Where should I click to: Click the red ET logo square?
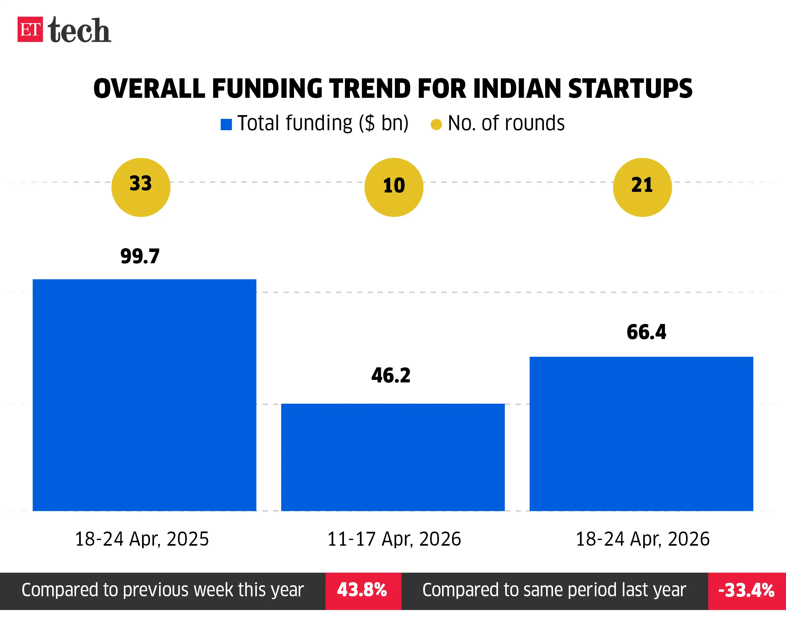coord(30,29)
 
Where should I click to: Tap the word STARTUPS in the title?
coord(630,89)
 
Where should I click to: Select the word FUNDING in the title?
coord(267,89)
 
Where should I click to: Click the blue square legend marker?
coord(226,125)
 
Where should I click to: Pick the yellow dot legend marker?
coord(436,125)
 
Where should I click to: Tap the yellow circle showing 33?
coord(141,187)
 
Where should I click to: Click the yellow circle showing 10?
coord(394,187)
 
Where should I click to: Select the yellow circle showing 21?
coord(642,187)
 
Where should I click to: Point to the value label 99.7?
coord(140,257)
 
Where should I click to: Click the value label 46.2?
coord(391,375)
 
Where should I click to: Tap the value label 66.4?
coord(646,332)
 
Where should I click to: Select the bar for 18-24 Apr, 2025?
coord(144,395)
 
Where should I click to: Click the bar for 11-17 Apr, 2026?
coord(393,457)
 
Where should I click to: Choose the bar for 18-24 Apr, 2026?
coord(641,433)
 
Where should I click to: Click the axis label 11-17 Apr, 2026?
coord(394,539)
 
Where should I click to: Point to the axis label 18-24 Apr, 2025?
coord(142,539)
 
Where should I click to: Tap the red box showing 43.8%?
coord(363,591)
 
